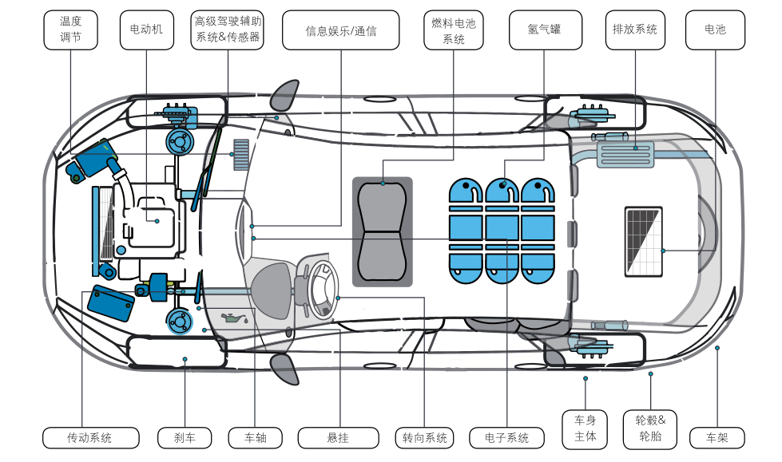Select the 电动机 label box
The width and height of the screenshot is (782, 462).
point(146,30)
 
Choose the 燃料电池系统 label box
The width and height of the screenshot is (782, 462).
point(453,30)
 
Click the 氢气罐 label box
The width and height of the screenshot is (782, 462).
point(544,30)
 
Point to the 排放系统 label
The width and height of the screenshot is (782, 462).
point(635,30)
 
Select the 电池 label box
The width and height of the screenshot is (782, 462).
point(715,30)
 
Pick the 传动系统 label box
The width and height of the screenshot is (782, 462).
point(90,437)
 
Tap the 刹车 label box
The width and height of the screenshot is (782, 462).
point(184,437)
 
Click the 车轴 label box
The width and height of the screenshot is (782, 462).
point(255,437)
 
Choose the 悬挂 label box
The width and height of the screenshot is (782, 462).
point(338,437)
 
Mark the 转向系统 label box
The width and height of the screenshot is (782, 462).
point(424,437)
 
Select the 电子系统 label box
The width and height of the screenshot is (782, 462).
point(506,437)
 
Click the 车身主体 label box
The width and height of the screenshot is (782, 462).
point(586,429)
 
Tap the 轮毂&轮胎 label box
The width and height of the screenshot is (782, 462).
point(650,429)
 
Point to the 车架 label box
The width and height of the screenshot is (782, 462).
point(717,437)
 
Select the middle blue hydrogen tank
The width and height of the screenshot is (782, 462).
point(502,231)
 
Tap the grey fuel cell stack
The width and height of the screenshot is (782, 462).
point(383,232)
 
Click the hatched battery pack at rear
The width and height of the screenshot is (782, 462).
point(643,240)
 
